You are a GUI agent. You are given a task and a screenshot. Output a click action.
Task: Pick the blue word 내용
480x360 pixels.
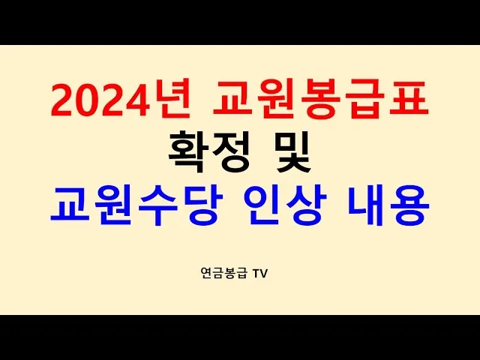click(x=386, y=205)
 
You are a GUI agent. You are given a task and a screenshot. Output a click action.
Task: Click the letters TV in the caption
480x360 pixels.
click(x=259, y=274)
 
